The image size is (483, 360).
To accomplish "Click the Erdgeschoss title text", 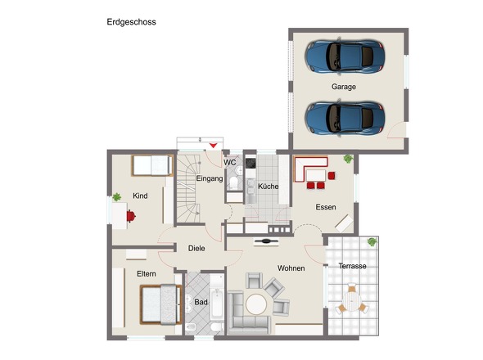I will (x=131, y=22).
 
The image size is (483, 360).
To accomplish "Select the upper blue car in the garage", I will (x=344, y=56).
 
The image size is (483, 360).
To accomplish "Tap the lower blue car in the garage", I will (x=344, y=117).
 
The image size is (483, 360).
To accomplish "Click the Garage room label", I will (x=344, y=86).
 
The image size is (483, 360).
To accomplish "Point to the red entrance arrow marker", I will (x=214, y=146).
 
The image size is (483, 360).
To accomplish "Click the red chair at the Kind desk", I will (x=131, y=215).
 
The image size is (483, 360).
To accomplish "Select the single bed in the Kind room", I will (x=151, y=166).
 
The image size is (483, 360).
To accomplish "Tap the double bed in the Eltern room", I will (x=160, y=304).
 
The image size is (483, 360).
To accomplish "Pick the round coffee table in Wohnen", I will (x=257, y=304).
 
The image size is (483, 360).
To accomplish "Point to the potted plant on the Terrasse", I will (x=372, y=242).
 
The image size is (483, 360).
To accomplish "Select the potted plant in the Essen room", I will (x=348, y=158).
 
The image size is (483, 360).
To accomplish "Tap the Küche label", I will (x=268, y=187).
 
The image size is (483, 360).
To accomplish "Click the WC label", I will (x=230, y=162).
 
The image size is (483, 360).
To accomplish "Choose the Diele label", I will (x=196, y=248).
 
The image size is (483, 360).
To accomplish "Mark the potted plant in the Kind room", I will (x=116, y=196).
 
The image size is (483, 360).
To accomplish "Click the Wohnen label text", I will (x=291, y=268).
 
